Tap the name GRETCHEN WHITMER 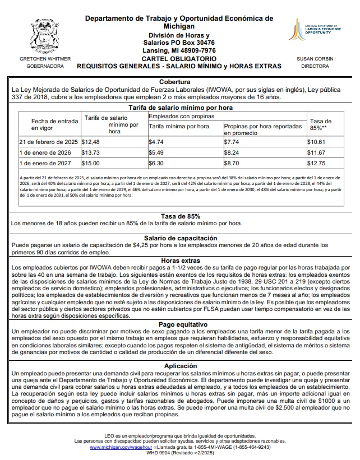point(45,58)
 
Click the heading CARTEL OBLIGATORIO point(179,58)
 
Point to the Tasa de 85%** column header point(321,124)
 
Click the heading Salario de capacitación point(180,238)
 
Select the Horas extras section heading point(180,261)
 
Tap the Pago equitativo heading point(180,324)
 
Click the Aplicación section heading point(180,365)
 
